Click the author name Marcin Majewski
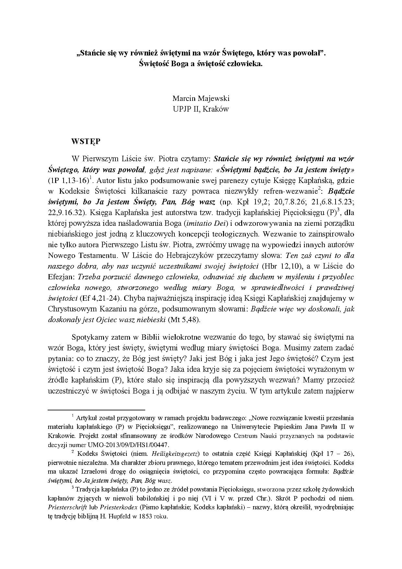[201, 98]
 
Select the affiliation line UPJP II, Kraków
[201, 109]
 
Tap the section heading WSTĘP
[86, 141]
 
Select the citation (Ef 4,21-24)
[100, 298]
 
